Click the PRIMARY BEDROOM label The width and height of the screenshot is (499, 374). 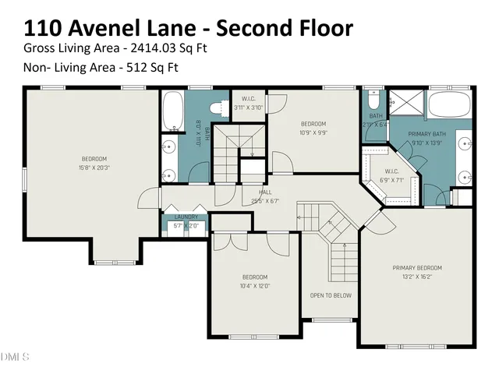[416, 267]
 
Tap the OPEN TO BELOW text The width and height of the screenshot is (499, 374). [331, 295]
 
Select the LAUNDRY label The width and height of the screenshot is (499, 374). [186, 217]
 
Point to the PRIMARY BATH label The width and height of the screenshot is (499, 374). [425, 134]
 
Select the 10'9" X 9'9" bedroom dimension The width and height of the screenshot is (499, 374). [313, 132]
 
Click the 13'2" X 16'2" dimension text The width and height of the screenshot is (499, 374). [416, 276]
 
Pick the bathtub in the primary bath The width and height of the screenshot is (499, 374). [449, 105]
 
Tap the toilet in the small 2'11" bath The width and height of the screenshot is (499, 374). [373, 101]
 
